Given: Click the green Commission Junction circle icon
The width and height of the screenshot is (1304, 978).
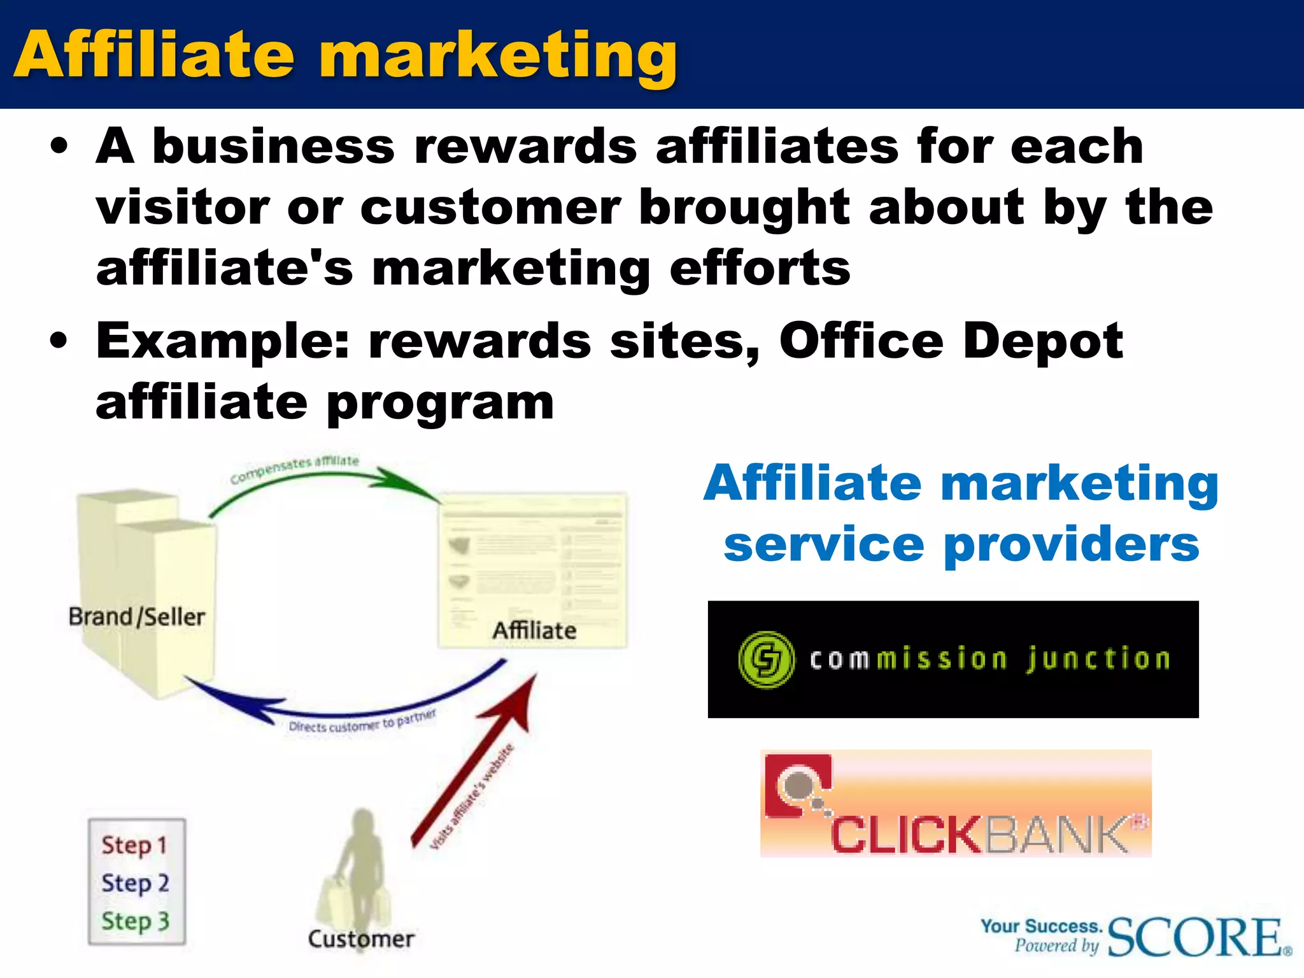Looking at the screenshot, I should tap(766, 659).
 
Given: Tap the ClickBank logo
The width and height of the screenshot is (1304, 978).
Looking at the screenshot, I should tap(956, 804).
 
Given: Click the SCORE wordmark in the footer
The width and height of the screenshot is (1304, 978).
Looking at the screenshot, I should tap(1195, 937).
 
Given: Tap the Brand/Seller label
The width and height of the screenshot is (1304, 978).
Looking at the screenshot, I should tap(137, 617).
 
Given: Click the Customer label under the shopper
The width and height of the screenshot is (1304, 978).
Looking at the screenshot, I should tap(361, 939).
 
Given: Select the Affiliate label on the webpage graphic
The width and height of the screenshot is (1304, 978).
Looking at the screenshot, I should tap(534, 630).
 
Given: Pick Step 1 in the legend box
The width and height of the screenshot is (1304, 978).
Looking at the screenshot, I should tap(134, 846).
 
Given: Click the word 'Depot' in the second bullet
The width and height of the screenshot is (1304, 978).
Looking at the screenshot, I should tap(1043, 341).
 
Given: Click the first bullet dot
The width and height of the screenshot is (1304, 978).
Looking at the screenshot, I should tap(59, 146).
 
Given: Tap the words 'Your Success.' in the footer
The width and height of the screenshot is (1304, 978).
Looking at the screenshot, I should tap(1041, 926).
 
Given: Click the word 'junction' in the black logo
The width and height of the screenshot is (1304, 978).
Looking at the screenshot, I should tap(1098, 659).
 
